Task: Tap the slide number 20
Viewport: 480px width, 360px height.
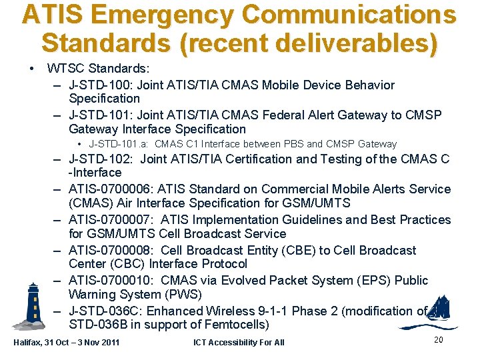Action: pyautogui.click(x=438, y=340)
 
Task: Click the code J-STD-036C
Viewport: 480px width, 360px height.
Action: pyautogui.click(x=105, y=311)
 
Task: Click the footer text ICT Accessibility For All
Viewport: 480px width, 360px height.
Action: pyautogui.click(x=239, y=343)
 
